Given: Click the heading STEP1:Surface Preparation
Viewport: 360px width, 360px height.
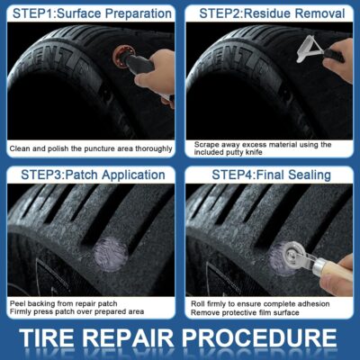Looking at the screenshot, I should (x=90, y=13).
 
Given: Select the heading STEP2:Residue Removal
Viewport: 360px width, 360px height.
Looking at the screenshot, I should (x=269, y=13).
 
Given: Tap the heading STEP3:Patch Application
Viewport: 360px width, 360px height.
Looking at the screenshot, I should (x=90, y=175).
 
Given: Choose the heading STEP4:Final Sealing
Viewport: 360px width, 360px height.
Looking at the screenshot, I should (x=269, y=175).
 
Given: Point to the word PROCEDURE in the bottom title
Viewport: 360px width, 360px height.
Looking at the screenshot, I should (x=269, y=338).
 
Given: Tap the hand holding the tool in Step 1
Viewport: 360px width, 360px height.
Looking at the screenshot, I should (x=156, y=70).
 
